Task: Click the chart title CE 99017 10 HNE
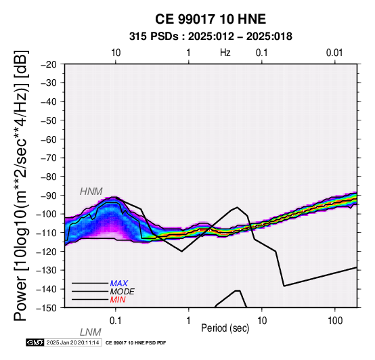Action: point(211,19)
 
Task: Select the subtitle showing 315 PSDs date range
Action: point(211,37)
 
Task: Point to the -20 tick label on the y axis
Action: point(49,64)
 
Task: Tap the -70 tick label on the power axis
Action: point(49,158)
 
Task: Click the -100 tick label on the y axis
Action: point(47,215)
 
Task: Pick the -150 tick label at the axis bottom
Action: point(47,308)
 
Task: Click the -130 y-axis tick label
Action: point(47,271)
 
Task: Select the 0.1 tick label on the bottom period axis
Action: point(116,321)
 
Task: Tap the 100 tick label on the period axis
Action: point(335,321)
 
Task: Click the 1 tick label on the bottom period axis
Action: point(189,321)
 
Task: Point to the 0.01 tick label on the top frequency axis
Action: point(334,53)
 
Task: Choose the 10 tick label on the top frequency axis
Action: point(116,53)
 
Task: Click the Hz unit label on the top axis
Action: point(225,53)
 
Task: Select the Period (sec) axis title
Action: point(225,328)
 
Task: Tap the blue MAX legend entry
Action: point(119,284)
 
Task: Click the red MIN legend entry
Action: point(118,300)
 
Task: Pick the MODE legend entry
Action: point(123,292)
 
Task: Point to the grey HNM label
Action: point(91,192)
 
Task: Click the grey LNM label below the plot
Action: point(91,332)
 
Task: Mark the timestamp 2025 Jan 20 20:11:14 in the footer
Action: point(72,343)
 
